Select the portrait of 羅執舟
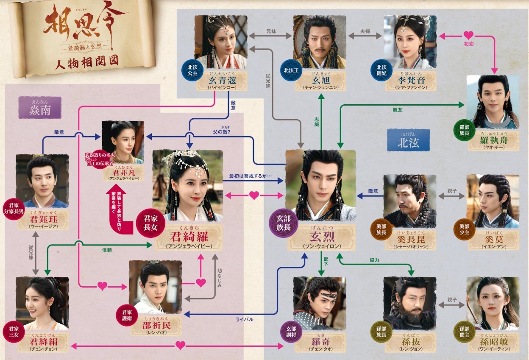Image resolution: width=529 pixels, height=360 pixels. [x=493, y=102]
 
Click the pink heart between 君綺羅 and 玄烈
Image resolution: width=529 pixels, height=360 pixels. [x=254, y=195]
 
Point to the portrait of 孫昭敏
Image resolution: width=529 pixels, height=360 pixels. [x=493, y=303]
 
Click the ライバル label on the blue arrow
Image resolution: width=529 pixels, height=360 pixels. [x=245, y=319]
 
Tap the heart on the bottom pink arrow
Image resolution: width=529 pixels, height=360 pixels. [x=181, y=346]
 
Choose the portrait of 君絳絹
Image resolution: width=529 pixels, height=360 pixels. [x=42, y=303]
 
